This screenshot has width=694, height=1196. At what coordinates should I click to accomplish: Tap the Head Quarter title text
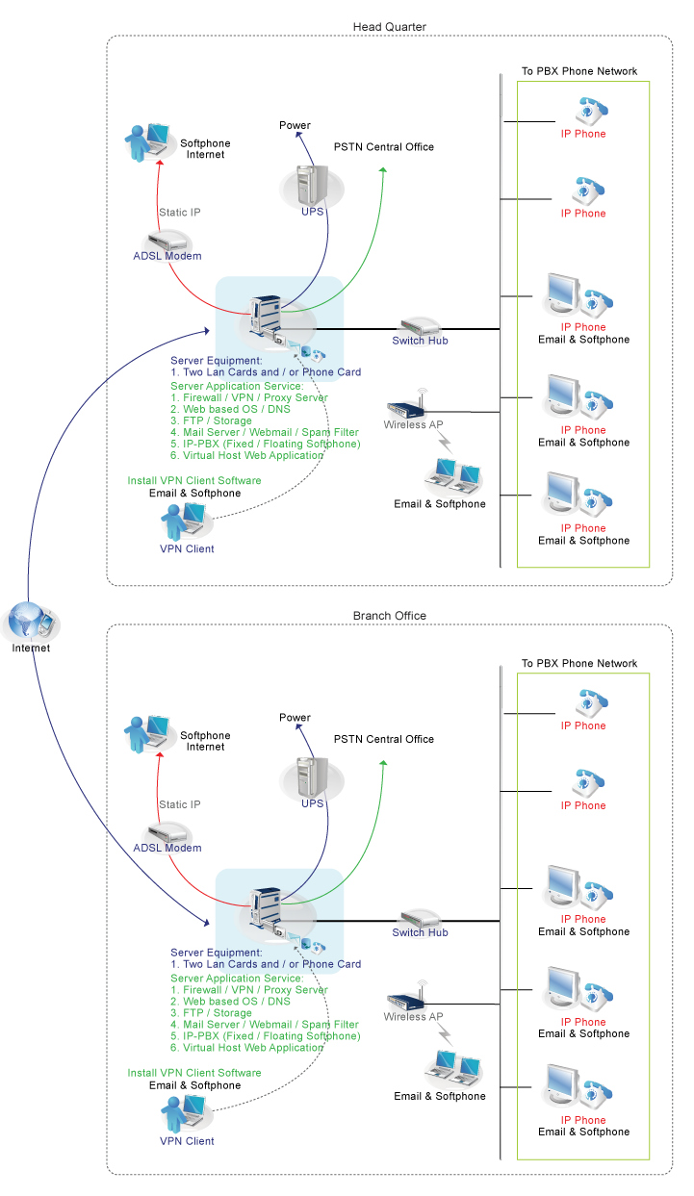389,27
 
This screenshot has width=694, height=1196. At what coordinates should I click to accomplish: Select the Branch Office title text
389,616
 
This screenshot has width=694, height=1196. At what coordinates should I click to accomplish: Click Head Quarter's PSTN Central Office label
384,147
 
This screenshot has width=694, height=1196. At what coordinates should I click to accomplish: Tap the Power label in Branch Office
295,718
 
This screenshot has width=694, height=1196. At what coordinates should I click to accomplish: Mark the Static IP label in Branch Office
180,804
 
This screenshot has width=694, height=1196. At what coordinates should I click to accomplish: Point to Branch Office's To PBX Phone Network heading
579,664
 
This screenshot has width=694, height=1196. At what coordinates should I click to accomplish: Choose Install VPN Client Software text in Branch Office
193,1072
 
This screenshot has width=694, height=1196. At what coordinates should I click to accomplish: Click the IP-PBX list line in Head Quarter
266,444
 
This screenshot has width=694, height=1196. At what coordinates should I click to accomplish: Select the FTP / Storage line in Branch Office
211,1013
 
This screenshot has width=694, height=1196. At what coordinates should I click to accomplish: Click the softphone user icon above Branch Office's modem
143,735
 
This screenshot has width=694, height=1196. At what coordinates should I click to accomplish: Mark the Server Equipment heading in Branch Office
217,952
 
